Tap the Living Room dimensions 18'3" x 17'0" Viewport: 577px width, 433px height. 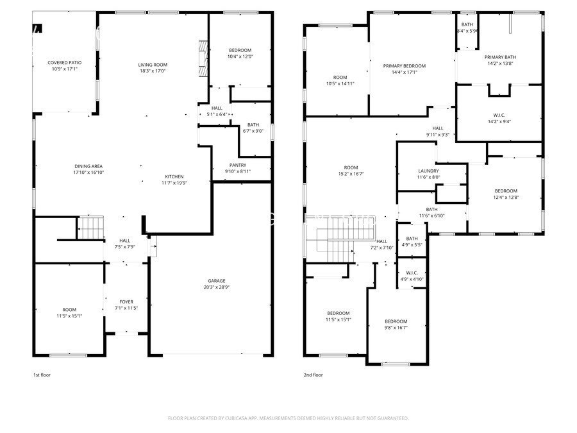[153, 71]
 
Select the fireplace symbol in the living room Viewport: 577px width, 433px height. [203, 59]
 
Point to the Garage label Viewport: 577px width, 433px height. [216, 280]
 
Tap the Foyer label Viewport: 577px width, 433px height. [127, 301]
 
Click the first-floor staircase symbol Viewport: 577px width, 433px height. [90, 227]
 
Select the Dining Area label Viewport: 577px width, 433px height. [89, 166]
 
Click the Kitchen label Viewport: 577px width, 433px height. [174, 176]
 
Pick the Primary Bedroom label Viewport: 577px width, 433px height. [405, 66]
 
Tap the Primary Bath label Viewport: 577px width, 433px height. [500, 57]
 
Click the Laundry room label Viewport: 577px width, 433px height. [428, 171]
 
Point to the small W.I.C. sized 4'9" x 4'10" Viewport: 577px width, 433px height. [412, 273]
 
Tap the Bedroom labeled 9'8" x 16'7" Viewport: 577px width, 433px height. [396, 321]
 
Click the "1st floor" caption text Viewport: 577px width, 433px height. [42, 375]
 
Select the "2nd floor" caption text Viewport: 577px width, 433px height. [314, 375]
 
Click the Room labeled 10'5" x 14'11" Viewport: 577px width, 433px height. [340, 78]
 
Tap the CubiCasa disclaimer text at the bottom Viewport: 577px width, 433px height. [288, 418]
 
